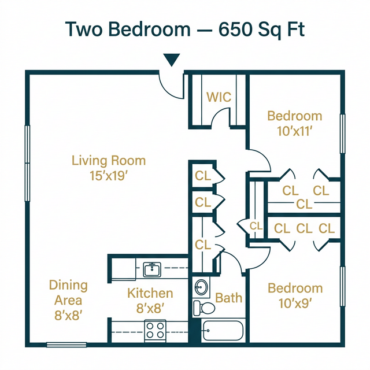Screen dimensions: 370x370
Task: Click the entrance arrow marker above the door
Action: click(172, 60)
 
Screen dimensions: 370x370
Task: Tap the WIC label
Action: click(219, 97)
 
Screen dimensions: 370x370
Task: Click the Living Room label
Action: click(109, 160)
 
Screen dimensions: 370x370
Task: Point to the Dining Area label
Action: click(68, 293)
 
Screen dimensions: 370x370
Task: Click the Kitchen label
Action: click(150, 293)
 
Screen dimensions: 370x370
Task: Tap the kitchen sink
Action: click(153, 269)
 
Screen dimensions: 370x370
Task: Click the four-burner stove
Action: click(155, 330)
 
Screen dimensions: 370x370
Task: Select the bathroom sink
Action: click(201, 287)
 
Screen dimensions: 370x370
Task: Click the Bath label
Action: click(229, 298)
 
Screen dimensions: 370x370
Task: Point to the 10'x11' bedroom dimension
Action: click(295, 131)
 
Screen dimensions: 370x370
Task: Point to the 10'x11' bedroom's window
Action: click(342, 134)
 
